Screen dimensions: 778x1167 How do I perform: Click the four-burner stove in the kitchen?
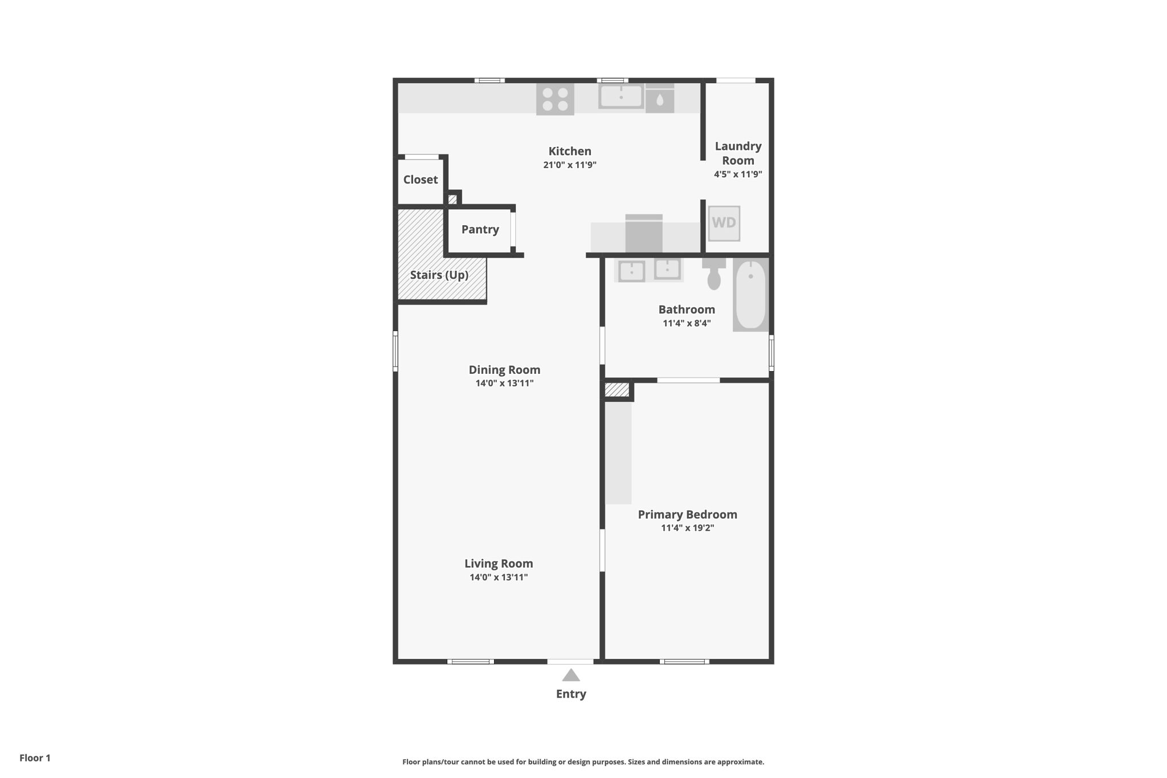[554, 100]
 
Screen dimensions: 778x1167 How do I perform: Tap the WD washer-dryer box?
[724, 223]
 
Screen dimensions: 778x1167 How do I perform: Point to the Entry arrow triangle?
[570, 675]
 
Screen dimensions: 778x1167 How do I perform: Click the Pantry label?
[480, 229]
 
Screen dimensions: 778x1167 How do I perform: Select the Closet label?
[421, 180]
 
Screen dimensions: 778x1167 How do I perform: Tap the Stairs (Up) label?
[439, 275]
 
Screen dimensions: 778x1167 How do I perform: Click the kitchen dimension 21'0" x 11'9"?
[569, 165]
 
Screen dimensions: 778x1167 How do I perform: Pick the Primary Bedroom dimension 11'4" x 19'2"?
[687, 528]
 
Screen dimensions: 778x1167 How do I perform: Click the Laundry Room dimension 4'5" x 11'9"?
[738, 174]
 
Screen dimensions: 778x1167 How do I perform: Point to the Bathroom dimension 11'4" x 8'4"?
[687, 323]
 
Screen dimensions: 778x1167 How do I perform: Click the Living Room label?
[499, 564]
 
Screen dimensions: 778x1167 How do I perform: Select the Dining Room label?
[504, 370]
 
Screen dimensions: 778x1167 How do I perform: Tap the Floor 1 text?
[35, 758]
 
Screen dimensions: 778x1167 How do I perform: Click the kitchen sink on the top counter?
[621, 96]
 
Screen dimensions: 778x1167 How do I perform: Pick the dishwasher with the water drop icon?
[660, 100]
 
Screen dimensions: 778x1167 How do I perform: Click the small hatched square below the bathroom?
[617, 390]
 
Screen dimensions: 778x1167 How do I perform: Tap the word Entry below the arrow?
[571, 694]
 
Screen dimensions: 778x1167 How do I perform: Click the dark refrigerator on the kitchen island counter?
[644, 234]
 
